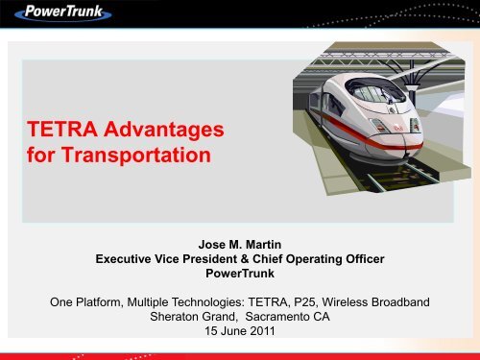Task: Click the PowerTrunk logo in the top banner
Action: click(x=70, y=16)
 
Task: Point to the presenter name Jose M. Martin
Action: click(x=240, y=242)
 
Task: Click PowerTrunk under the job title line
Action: click(x=240, y=274)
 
